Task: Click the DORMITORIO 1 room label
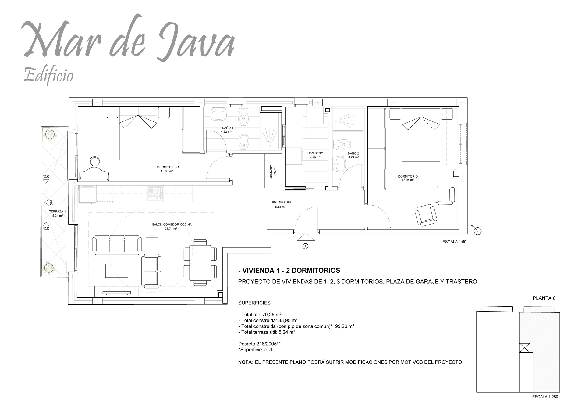(168, 167)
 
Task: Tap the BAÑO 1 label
(228, 128)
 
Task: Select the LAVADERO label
(315, 153)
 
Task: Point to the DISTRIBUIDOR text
(281, 202)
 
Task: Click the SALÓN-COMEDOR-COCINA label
(172, 225)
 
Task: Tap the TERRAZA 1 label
(57, 211)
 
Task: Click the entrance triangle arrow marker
(305, 237)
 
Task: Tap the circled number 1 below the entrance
(305, 246)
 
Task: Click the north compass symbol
(477, 231)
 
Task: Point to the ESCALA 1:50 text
(454, 242)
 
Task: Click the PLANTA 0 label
(544, 298)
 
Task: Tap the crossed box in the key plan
(524, 348)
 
